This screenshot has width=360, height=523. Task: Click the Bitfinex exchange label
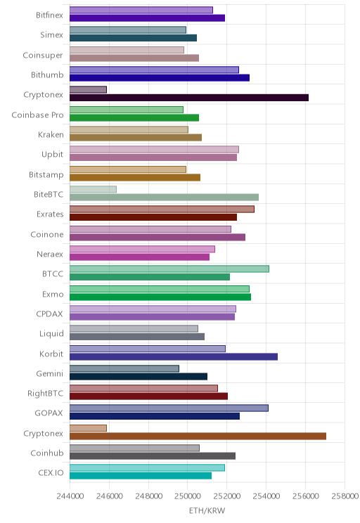click(x=49, y=15)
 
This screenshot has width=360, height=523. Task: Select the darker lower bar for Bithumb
click(x=160, y=78)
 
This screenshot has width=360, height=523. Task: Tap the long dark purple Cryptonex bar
click(x=189, y=98)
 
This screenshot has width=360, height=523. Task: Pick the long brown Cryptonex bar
click(x=198, y=436)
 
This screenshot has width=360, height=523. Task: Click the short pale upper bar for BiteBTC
click(x=93, y=190)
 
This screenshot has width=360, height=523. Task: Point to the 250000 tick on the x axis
click(x=187, y=496)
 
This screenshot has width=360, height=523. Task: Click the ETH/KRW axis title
click(x=207, y=510)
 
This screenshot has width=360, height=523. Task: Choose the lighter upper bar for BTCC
click(x=169, y=269)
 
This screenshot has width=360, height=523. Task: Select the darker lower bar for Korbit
click(x=174, y=357)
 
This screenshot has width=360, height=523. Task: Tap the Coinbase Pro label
click(x=37, y=115)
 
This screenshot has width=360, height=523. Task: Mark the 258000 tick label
click(x=345, y=496)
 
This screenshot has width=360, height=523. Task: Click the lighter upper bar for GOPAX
click(x=169, y=408)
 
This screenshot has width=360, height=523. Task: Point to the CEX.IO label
click(x=51, y=473)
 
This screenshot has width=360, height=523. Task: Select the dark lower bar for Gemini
click(x=139, y=377)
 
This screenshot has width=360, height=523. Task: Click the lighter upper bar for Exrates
click(x=162, y=209)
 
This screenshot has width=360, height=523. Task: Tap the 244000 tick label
click(x=70, y=496)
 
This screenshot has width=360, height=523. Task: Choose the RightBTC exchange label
click(x=46, y=394)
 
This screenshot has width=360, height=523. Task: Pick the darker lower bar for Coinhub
click(x=153, y=456)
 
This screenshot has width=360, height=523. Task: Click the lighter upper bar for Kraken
click(x=129, y=129)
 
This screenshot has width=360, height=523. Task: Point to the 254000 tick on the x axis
click(x=266, y=496)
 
